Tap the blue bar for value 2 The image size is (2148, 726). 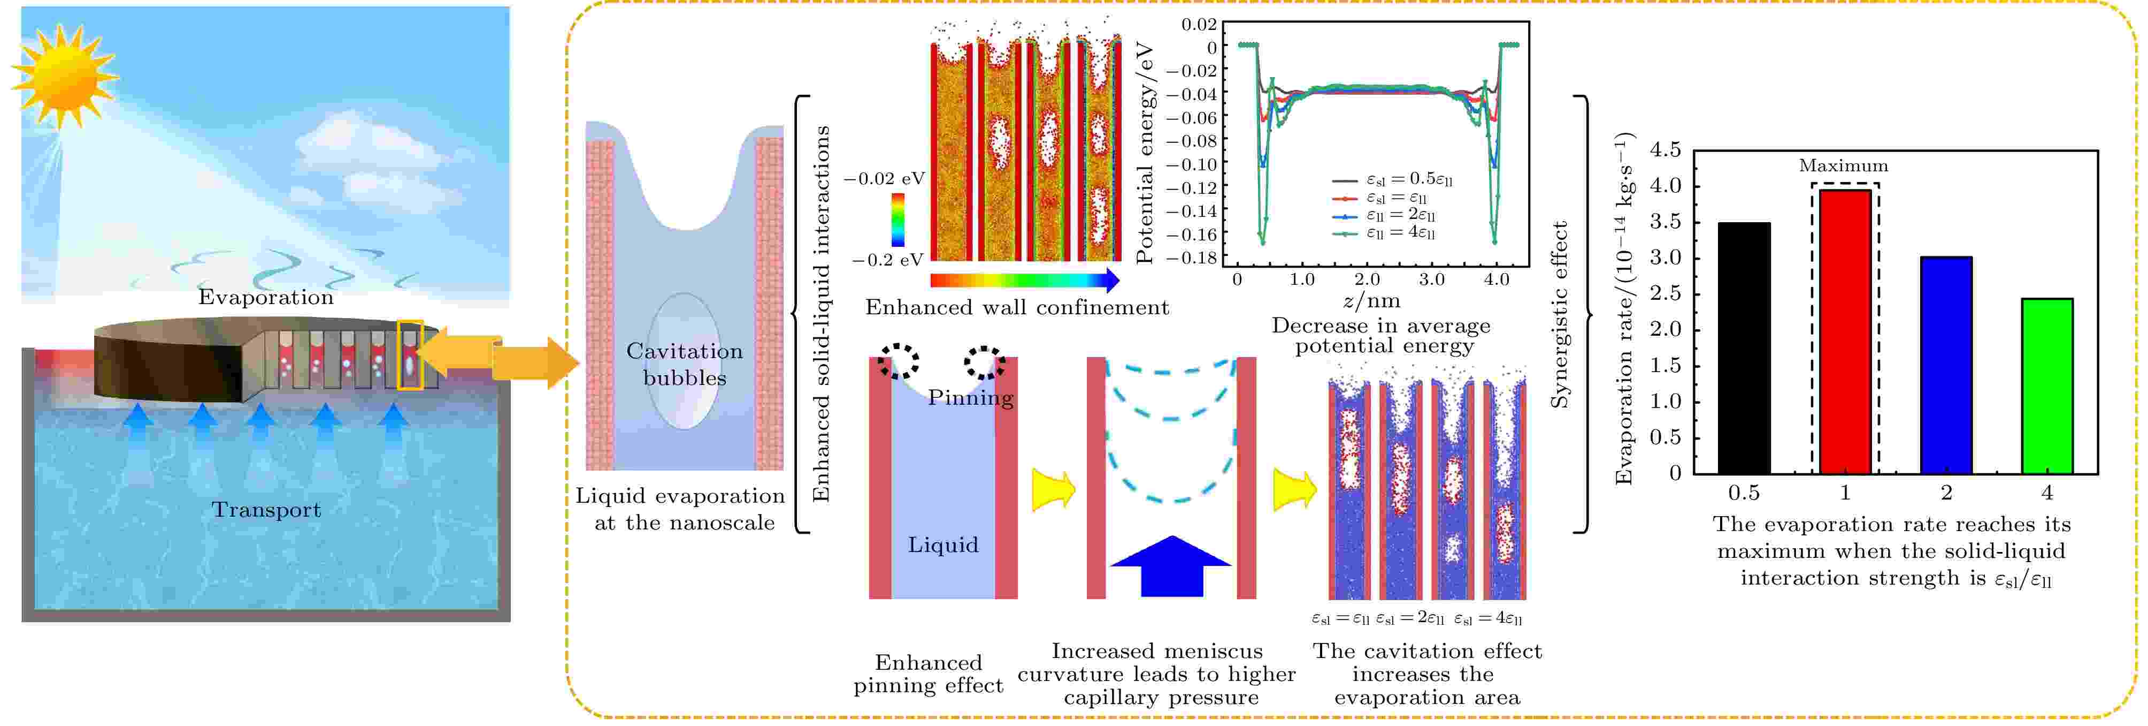(x=1946, y=366)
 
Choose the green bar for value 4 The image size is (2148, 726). (x=2047, y=387)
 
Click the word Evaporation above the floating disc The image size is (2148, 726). (x=265, y=297)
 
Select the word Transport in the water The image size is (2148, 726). (x=265, y=510)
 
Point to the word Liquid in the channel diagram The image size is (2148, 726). (x=943, y=545)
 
